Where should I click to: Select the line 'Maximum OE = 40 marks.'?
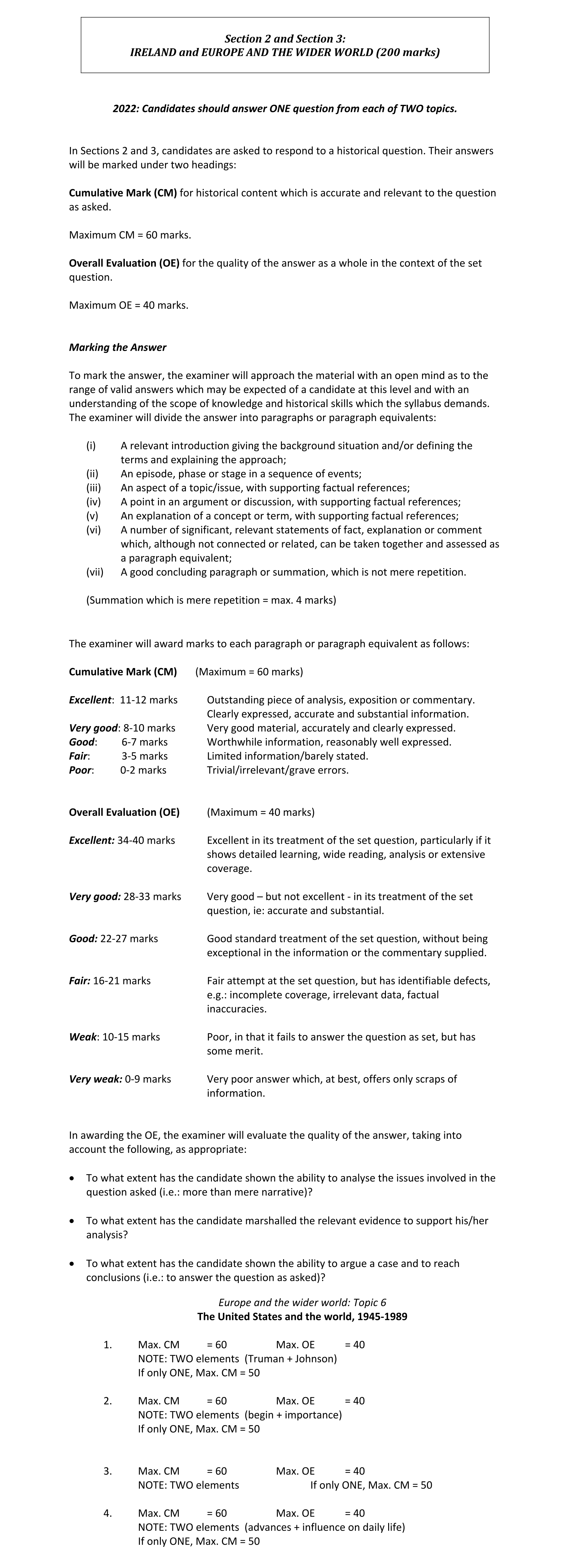pos(129,305)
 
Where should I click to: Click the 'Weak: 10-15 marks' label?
pos(114,1037)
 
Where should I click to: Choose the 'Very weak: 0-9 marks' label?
pos(120,1079)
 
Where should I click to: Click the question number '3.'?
pos(108,1471)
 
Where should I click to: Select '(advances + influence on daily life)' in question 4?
pos(325,1527)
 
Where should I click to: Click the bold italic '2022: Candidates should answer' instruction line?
pos(285,109)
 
